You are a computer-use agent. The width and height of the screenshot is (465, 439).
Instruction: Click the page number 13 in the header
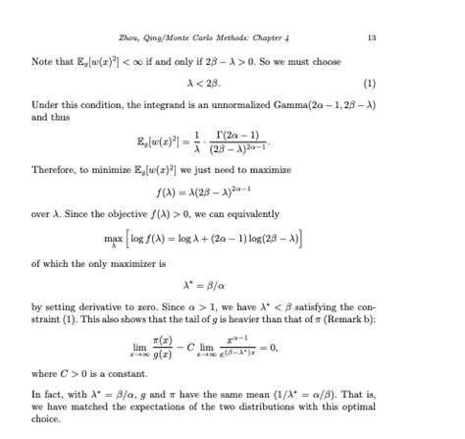(x=371, y=38)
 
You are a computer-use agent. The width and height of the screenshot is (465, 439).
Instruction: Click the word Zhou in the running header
(x=129, y=38)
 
